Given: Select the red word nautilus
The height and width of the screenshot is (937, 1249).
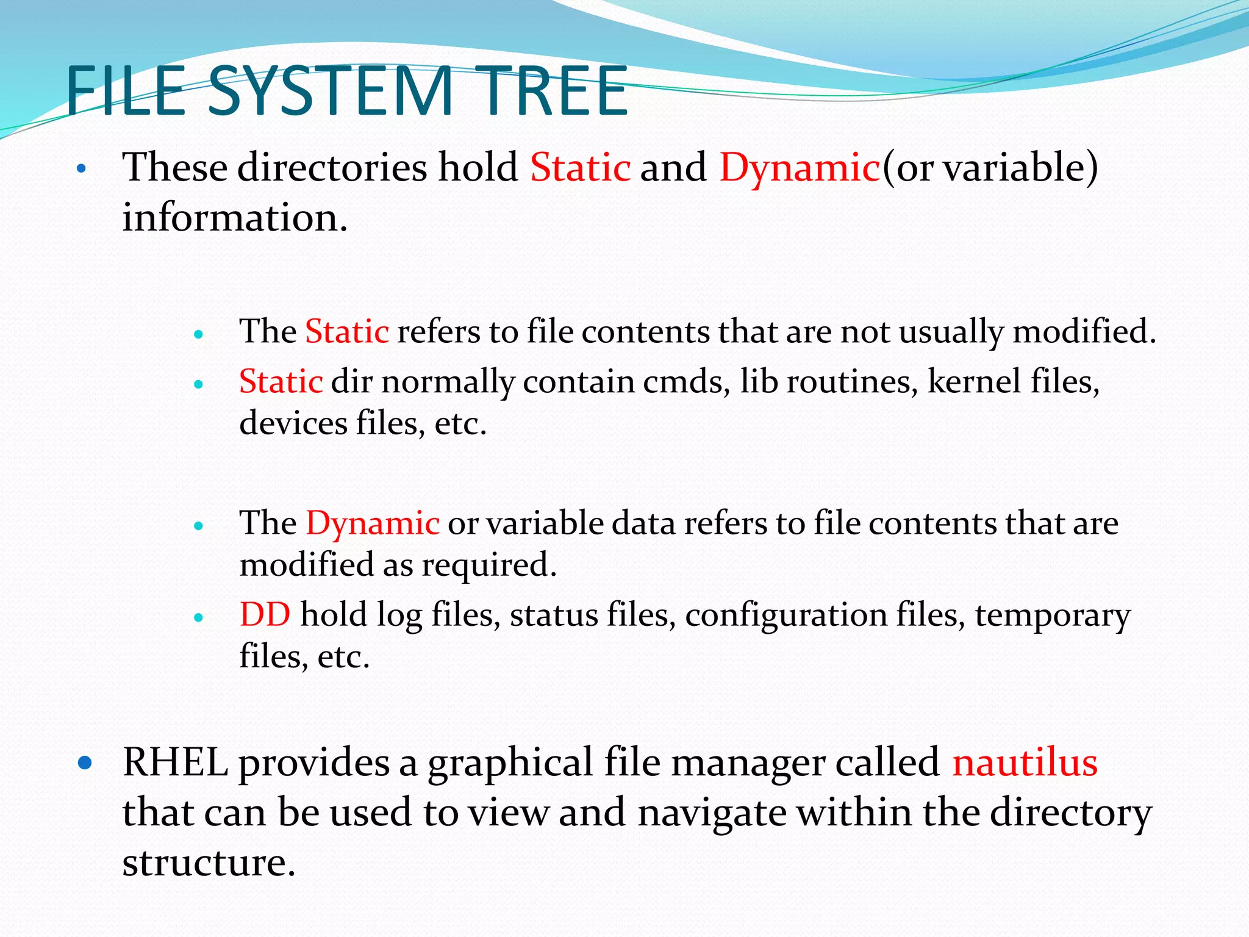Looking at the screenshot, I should pos(1025,763).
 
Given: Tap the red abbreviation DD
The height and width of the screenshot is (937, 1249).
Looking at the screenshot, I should pos(265,614).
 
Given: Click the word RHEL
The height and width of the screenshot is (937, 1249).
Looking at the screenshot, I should pos(175,763).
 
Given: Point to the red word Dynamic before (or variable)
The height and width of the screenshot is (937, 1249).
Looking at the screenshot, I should pos(799,167).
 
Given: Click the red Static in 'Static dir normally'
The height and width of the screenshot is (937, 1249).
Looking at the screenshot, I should pos(281,382).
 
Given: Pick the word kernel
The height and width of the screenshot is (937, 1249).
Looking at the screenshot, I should pos(974,382).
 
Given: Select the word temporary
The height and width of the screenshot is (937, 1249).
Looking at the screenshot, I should pos(1053,616).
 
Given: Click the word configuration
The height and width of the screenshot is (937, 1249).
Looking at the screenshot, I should pos(786,616).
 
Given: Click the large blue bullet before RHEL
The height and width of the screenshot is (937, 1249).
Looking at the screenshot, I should pos(85,763).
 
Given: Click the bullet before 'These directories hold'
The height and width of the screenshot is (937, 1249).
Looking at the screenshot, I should pos(82,168).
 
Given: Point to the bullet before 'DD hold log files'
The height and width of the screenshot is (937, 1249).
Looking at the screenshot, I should pos(198,617).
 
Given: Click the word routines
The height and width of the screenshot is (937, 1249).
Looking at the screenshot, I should pos(851,382).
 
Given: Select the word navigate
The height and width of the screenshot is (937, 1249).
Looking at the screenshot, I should pos(712,813).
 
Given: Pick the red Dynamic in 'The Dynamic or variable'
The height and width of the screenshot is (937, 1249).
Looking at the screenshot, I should pos(372,523).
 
